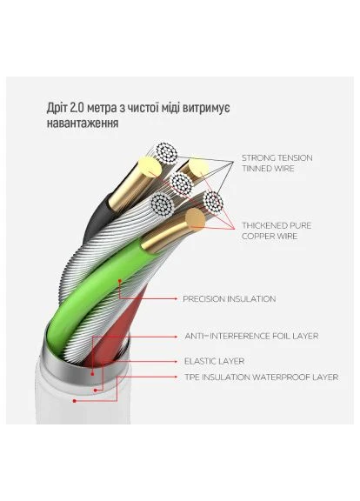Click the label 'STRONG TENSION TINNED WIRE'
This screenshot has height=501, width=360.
click(x=277, y=163)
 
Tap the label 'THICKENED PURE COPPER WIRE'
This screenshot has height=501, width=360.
click(x=277, y=230)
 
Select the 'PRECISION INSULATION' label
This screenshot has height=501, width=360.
click(x=230, y=299)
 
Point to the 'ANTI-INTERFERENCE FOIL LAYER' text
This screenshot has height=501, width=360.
click(x=251, y=336)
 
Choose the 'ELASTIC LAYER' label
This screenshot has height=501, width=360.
click(x=214, y=361)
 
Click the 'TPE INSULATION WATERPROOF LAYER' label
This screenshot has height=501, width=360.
click(x=261, y=377)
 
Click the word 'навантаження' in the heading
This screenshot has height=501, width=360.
click(x=83, y=123)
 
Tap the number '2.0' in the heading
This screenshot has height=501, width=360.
click(x=76, y=108)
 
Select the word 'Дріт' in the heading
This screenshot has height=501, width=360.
click(x=57, y=108)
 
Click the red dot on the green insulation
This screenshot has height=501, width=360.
click(x=120, y=281)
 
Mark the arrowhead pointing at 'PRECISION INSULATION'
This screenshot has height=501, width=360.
click(x=176, y=298)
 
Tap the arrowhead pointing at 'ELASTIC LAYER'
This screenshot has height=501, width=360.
click(x=176, y=361)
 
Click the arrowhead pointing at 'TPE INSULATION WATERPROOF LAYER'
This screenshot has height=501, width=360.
click(x=176, y=377)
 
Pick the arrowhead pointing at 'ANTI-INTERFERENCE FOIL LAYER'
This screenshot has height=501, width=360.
click(x=176, y=337)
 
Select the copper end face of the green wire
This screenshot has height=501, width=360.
click(x=195, y=218)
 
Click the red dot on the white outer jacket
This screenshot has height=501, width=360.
click(x=75, y=401)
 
